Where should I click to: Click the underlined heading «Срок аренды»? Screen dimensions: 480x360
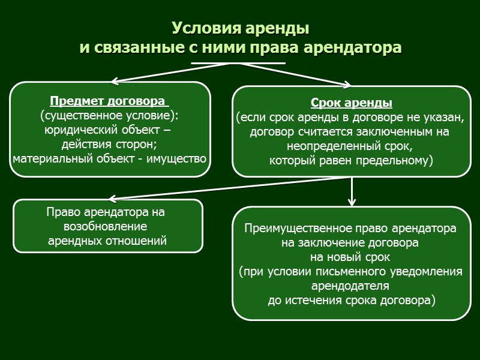[x=352, y=103]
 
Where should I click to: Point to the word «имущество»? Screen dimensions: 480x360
[x=179, y=158]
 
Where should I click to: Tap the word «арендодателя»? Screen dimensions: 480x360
[x=351, y=286]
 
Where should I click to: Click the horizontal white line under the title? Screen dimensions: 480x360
[x=238, y=62]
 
